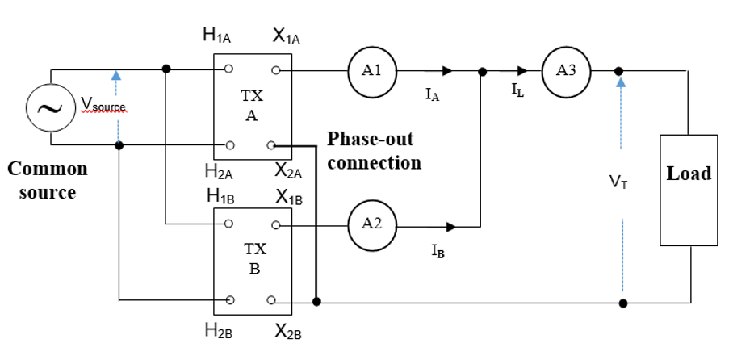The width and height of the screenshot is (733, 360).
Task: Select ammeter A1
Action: [x=372, y=71]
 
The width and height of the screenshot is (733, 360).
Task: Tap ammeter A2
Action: [x=372, y=225]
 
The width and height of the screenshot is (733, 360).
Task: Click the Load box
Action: [x=688, y=190]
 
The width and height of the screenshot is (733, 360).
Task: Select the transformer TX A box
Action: [x=251, y=107]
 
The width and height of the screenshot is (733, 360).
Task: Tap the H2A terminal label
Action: [x=219, y=170]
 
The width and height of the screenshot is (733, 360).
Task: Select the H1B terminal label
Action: [x=219, y=196]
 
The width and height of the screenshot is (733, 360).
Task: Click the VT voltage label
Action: [x=619, y=183]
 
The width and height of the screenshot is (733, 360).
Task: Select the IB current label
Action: [x=436, y=250]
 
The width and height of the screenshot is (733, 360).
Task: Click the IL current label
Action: [x=517, y=91]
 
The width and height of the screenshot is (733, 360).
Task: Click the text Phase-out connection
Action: [x=374, y=150]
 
